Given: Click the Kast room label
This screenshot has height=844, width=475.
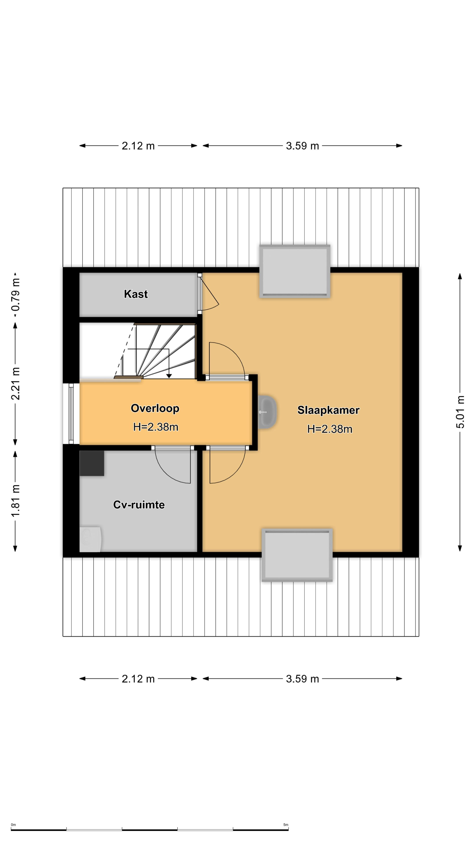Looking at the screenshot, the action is tap(136, 294).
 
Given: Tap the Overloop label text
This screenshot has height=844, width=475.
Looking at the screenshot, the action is tap(155, 408).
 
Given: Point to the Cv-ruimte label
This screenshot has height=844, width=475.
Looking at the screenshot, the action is tap(139, 505).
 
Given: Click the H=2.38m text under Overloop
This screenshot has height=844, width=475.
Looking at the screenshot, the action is tap(156, 427).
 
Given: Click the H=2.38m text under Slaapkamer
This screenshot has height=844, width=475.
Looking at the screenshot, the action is tap(329, 429).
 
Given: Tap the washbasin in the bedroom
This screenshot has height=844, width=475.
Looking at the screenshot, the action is tap(267, 412).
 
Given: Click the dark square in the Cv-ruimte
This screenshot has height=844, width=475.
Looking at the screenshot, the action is tap(92, 463).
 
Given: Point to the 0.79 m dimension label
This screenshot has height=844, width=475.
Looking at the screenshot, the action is tap(15, 295).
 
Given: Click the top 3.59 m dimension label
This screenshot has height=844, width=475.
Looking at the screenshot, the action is tap(302, 146).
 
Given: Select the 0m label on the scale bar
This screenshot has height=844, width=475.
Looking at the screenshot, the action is tap(13, 825).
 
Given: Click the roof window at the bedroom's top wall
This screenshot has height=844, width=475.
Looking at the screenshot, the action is tap(295, 271).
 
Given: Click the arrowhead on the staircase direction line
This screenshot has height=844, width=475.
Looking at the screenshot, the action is tap(169, 376).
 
